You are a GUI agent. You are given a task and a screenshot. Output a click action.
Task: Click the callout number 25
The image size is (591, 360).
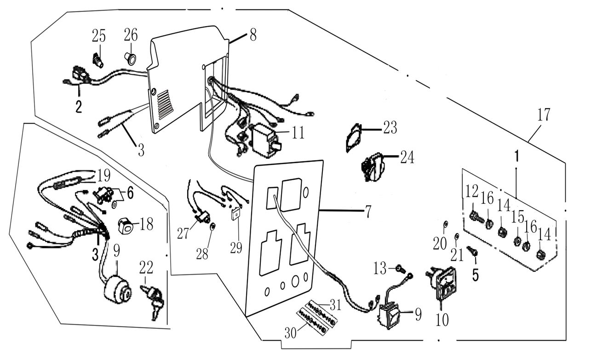98,35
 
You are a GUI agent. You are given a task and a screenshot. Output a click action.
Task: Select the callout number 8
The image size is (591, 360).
253,35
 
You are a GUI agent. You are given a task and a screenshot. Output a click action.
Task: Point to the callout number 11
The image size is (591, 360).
298,133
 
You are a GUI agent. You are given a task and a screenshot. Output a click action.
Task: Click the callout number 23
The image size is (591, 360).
390,128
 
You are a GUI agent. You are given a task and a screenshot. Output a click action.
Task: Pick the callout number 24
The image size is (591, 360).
407,158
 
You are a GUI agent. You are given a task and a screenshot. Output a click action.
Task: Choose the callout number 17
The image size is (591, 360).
544,114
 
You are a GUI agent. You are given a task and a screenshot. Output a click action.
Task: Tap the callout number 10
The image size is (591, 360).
442,319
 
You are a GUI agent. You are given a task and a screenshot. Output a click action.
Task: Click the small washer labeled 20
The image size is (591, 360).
446,224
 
